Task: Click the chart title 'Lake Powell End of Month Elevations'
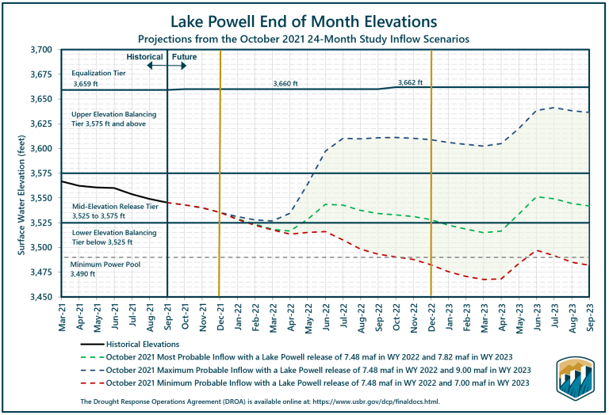tap(304, 19)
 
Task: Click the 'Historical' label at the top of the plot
tap(144, 57)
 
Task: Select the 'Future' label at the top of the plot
tap(185, 57)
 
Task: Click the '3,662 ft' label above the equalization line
tap(410, 82)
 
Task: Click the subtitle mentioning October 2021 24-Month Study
tap(304, 37)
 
